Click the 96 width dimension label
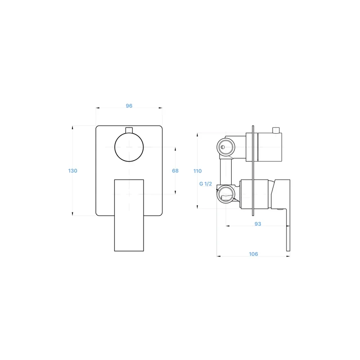click(129, 106)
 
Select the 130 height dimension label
click(73, 171)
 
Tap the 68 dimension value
click(175, 171)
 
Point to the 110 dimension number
click(198, 171)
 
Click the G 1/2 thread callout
click(206, 184)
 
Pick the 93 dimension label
click(258, 224)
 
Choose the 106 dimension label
click(253, 254)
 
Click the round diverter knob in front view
click(129, 147)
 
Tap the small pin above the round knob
click(129, 130)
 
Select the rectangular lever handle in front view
click(129, 216)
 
